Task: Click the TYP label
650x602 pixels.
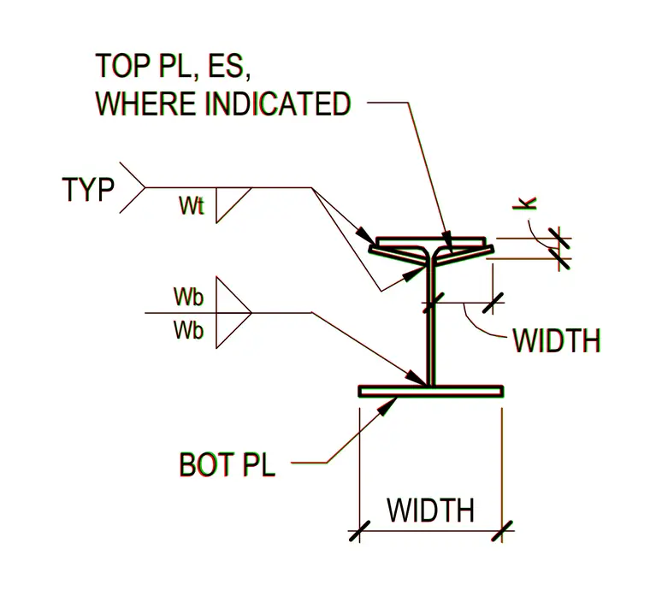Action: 88,190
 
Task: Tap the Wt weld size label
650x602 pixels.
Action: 192,205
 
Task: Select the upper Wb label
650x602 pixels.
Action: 189,297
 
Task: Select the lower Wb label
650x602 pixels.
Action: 189,330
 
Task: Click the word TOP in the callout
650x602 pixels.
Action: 122,66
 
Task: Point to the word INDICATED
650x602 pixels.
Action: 278,103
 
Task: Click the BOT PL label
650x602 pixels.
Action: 227,465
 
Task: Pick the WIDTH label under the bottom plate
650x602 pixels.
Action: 431,511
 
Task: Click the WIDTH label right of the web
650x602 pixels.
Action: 557,340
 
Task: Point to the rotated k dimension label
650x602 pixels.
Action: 525,203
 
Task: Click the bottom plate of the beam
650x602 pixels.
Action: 431,392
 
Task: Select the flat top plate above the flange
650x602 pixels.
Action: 431,241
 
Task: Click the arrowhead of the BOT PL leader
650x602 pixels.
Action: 387,405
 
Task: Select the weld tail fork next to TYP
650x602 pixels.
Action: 133,188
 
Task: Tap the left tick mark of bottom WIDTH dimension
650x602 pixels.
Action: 359,531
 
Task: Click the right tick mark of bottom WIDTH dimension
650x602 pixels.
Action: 502,531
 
